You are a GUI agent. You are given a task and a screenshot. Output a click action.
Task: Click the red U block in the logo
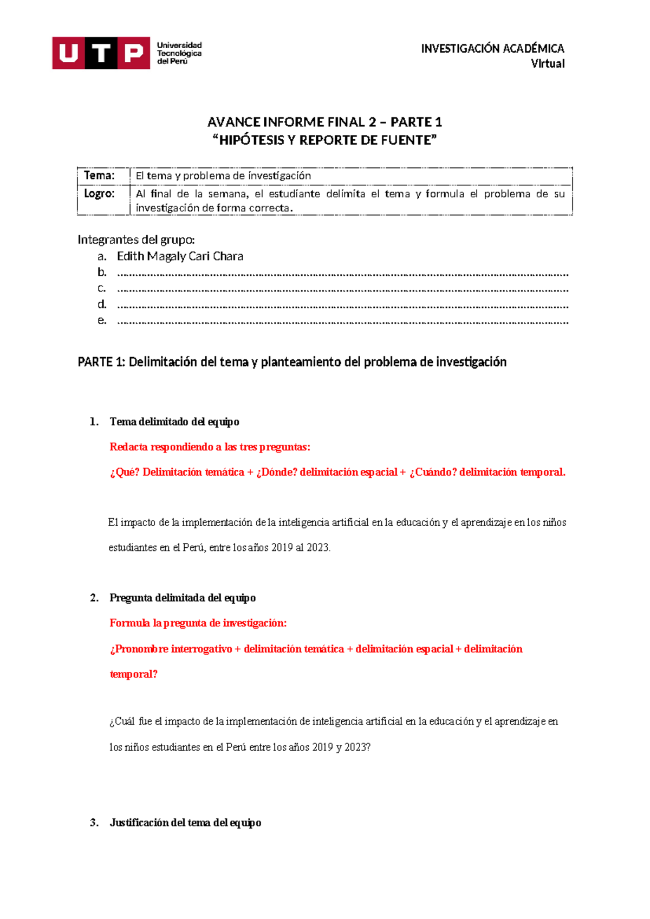68,53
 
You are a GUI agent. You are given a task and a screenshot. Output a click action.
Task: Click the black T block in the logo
101,53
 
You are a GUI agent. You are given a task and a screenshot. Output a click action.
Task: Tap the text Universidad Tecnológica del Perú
179,53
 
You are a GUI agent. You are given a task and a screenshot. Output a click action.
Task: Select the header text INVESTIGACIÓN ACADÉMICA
492,48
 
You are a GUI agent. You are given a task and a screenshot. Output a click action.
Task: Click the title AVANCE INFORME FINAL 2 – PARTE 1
324,121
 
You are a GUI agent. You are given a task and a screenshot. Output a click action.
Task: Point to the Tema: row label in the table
99,176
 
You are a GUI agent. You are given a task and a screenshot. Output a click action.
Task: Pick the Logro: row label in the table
99,193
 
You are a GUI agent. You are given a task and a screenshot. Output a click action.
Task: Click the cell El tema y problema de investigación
223,176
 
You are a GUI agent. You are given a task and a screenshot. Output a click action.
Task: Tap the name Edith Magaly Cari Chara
180,256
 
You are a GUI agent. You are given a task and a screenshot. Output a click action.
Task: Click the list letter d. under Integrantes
102,304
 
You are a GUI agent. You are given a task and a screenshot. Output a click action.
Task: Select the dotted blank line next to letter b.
342,274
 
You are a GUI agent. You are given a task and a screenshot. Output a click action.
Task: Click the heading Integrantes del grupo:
136,240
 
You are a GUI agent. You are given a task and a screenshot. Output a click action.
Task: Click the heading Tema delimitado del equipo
174,422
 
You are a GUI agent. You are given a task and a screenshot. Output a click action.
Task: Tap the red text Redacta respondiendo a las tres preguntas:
210,447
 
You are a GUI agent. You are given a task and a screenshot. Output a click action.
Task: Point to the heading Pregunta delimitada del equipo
182,598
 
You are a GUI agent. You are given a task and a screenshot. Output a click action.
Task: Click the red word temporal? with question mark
133,674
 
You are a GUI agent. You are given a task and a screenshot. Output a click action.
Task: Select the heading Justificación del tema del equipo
185,823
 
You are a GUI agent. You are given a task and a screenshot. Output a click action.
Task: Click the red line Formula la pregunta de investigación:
198,623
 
